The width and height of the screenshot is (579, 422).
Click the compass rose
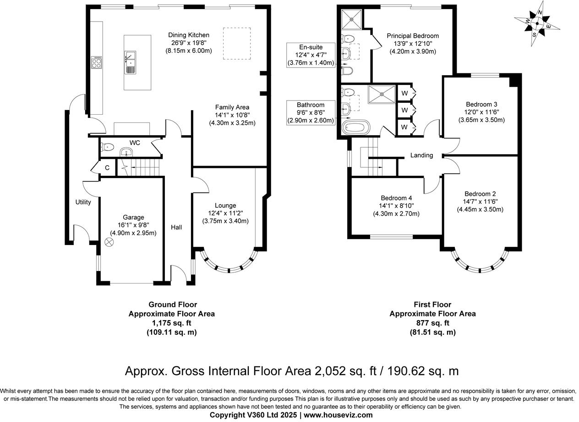(x=537, y=23)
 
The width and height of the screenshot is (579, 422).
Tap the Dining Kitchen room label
(x=189, y=35)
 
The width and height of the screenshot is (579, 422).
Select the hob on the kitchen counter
(x=96, y=62)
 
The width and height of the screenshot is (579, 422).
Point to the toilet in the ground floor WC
(x=108, y=147)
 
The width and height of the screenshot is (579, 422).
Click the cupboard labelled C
(x=107, y=168)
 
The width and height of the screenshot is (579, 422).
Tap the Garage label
(x=133, y=217)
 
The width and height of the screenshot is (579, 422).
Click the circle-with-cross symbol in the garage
(x=109, y=242)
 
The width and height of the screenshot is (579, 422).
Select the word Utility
(x=83, y=202)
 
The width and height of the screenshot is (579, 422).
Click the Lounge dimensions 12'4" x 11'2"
(x=225, y=213)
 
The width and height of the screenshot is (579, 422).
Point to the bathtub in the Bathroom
(x=356, y=127)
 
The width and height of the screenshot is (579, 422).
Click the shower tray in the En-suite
(x=351, y=19)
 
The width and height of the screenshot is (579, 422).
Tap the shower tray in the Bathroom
(x=382, y=94)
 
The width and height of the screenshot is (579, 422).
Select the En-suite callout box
(x=311, y=55)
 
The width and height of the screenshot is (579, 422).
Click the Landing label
(x=421, y=155)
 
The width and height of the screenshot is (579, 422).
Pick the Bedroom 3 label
(x=481, y=104)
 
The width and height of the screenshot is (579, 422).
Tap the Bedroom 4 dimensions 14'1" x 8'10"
(x=396, y=206)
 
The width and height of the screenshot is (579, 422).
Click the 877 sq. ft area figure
(x=433, y=323)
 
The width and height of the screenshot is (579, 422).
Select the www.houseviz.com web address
(x=338, y=415)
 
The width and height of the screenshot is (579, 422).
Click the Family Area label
(x=232, y=107)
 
